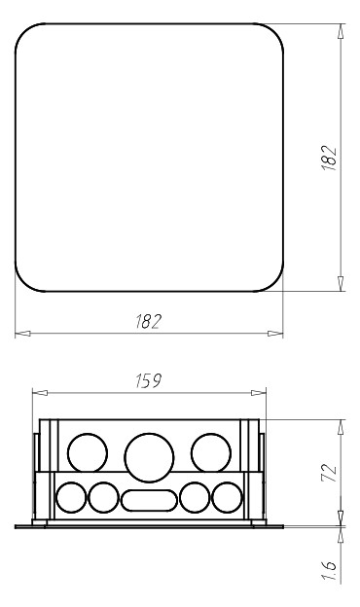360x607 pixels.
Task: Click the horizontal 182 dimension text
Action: tap(148, 322)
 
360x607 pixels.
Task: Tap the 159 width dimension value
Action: tap(148, 382)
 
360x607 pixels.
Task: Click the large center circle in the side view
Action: tap(148, 455)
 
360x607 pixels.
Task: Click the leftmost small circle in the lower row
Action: tap(72, 498)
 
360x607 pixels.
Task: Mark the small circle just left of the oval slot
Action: tap(103, 498)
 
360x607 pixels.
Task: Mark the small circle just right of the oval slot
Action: tap(195, 498)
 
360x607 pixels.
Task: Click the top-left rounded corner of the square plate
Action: tap(23, 31)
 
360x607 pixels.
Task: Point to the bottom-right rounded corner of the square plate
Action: tap(274, 282)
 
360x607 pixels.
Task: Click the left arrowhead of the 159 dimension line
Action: tap(37, 394)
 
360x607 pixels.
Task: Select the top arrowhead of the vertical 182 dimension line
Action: tap(340, 29)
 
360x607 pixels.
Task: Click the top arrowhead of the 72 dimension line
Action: tap(340, 425)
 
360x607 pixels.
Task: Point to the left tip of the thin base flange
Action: tap(18, 526)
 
